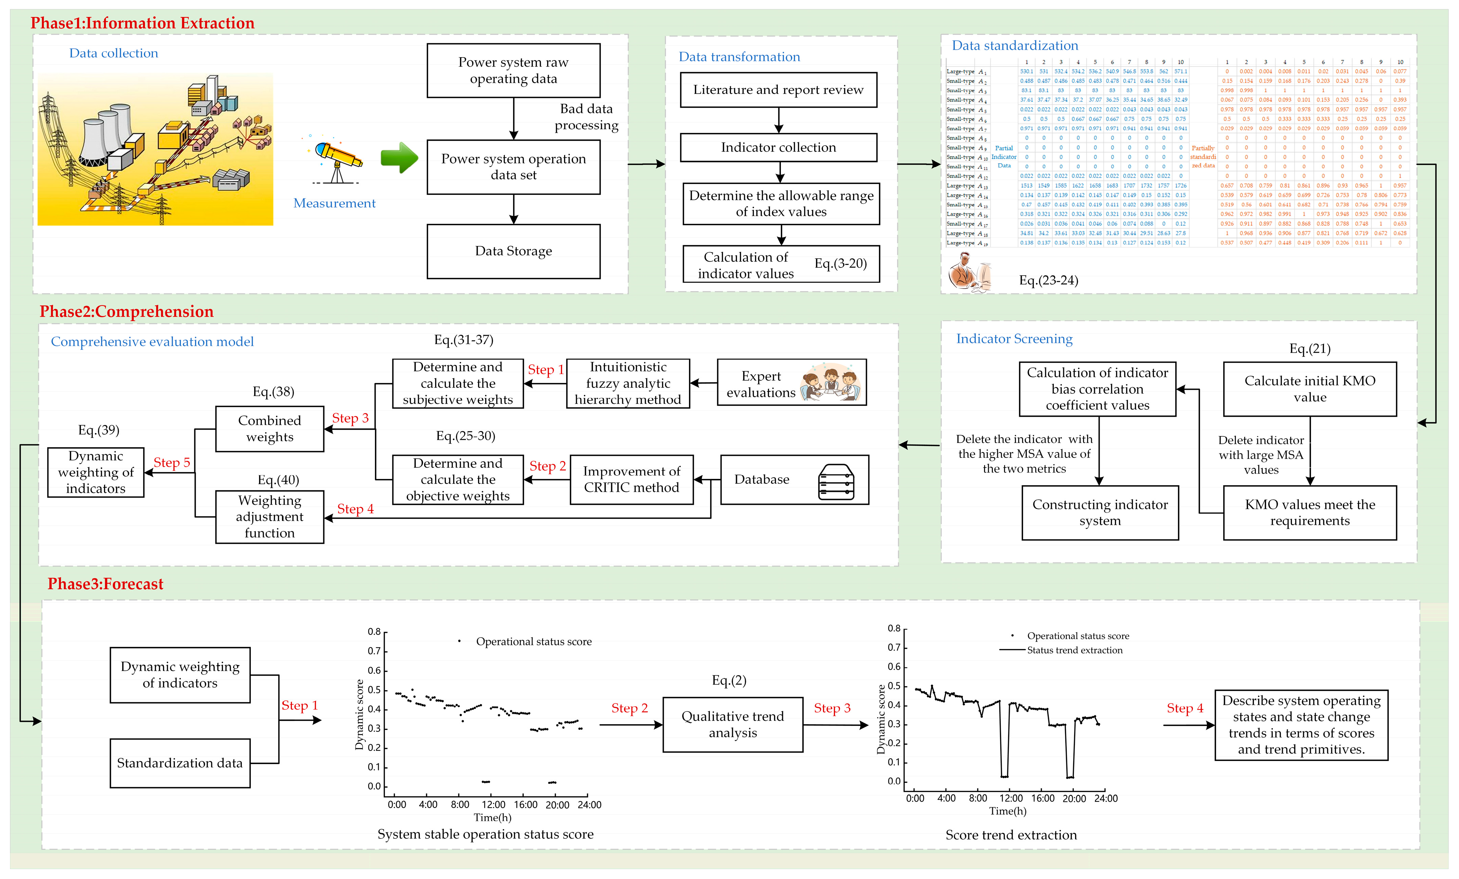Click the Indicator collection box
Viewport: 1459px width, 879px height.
coord(778,147)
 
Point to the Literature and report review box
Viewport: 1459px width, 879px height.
coord(778,90)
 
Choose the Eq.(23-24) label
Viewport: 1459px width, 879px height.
coord(1048,281)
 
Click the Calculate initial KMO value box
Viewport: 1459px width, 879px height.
coord(1309,389)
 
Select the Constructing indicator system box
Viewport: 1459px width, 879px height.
coord(1100,513)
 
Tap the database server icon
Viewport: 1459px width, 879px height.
coord(836,482)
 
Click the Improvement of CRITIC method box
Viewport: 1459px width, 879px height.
coord(631,479)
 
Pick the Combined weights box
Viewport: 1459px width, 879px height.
coord(269,429)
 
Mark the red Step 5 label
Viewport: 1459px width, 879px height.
coord(172,463)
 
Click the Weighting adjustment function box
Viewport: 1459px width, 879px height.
coord(269,517)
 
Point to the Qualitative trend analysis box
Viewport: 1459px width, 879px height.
coord(733,725)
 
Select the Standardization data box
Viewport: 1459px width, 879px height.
coord(179,763)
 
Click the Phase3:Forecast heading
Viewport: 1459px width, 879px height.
coord(105,584)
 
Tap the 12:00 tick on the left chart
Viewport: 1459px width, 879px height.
coord(493,805)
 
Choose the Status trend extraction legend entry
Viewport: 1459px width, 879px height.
coord(1074,650)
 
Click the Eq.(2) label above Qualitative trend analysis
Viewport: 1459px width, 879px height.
coord(729,681)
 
